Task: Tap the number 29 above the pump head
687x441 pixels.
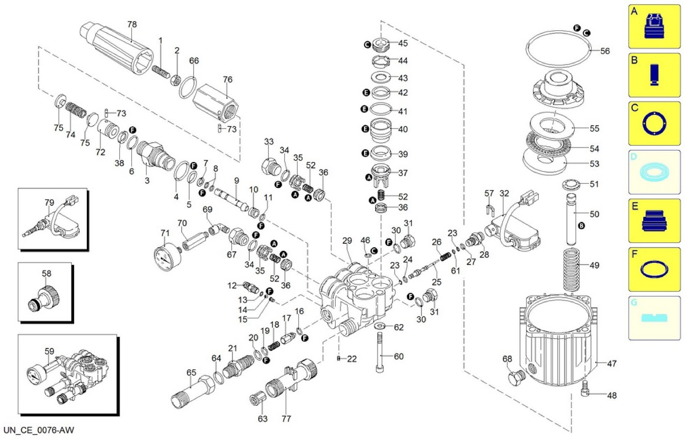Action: pyautogui.click(x=347, y=241)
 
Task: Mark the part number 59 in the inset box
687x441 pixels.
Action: pyautogui.click(x=49, y=351)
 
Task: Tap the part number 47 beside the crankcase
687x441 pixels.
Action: pyautogui.click(x=612, y=364)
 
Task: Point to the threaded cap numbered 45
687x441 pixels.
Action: pyautogui.click(x=380, y=45)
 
